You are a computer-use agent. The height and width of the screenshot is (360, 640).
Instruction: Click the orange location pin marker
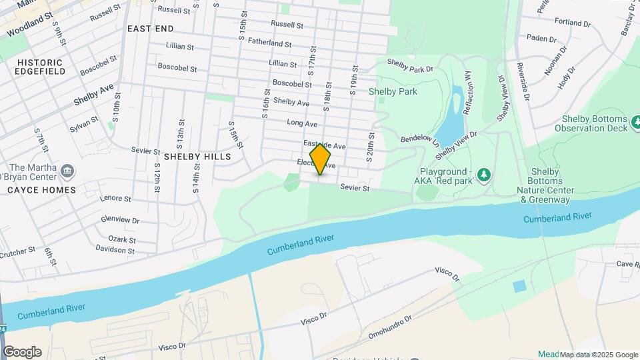(321, 159)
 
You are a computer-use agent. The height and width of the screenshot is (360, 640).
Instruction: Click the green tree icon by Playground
(484, 175)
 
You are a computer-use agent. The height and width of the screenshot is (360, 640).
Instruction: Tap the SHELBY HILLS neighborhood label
(197, 157)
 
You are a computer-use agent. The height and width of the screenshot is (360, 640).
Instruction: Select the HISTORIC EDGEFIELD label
(37, 66)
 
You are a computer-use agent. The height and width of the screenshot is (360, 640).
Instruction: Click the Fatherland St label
(269, 43)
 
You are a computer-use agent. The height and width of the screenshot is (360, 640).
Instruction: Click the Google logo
(22, 352)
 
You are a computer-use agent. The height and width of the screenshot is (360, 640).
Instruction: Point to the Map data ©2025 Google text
(599, 355)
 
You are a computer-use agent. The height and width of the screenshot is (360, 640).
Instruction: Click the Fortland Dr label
(572, 23)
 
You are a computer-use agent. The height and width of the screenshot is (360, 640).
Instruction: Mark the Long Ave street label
(301, 123)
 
